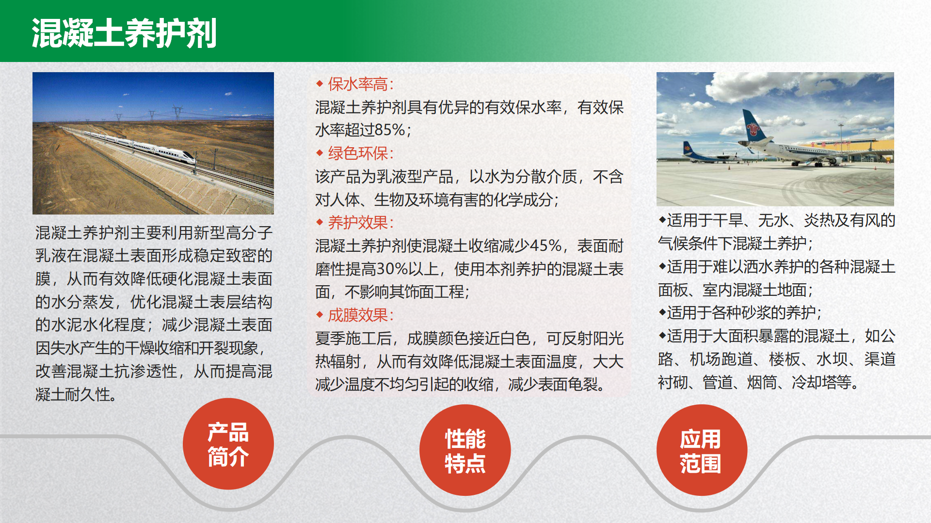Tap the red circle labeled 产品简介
pyautogui.click(x=228, y=444)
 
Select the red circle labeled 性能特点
pyautogui.click(x=465, y=450)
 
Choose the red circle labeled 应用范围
pyautogui.click(x=702, y=450)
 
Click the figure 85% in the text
pyautogui.click(x=390, y=130)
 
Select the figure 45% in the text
pyautogui.click(x=546, y=246)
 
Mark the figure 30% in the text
pyautogui.click(x=392, y=269)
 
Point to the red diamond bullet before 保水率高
pyautogui.click(x=320, y=84)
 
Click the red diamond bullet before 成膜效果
pyautogui.click(x=320, y=315)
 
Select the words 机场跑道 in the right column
pyautogui.click(x=721, y=359)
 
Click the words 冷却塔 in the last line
pyautogui.click(x=815, y=383)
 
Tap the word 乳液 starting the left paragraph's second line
pyautogui.click(x=51, y=256)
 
